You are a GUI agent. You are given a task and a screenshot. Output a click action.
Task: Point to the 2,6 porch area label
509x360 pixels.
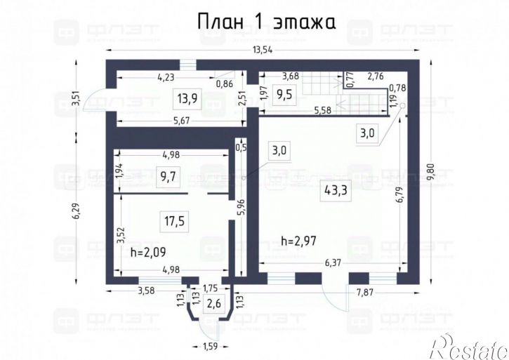(x=212, y=304)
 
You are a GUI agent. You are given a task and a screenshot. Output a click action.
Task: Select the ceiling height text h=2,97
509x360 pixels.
(x=299, y=241)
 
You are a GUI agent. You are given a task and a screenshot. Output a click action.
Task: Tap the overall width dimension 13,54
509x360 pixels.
(x=266, y=50)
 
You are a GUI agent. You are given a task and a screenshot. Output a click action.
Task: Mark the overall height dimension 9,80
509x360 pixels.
(x=431, y=171)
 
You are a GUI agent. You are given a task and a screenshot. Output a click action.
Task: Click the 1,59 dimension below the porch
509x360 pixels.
(x=210, y=346)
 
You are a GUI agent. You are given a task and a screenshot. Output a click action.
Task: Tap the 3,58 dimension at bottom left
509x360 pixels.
(x=146, y=290)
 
